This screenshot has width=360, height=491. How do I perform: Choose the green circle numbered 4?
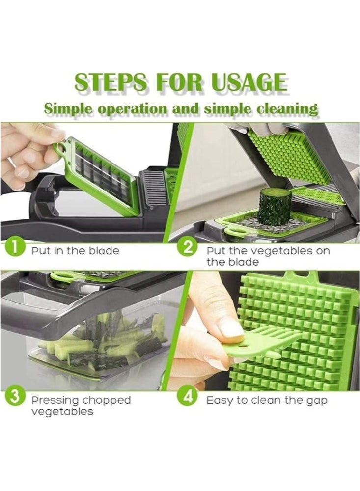[x=187, y=396]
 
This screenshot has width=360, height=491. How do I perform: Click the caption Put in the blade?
[x=75, y=251]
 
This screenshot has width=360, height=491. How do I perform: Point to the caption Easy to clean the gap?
[x=267, y=400]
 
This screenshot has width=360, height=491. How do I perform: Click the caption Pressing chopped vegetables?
[x=81, y=406]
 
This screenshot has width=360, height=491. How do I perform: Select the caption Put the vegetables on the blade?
[x=268, y=256]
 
